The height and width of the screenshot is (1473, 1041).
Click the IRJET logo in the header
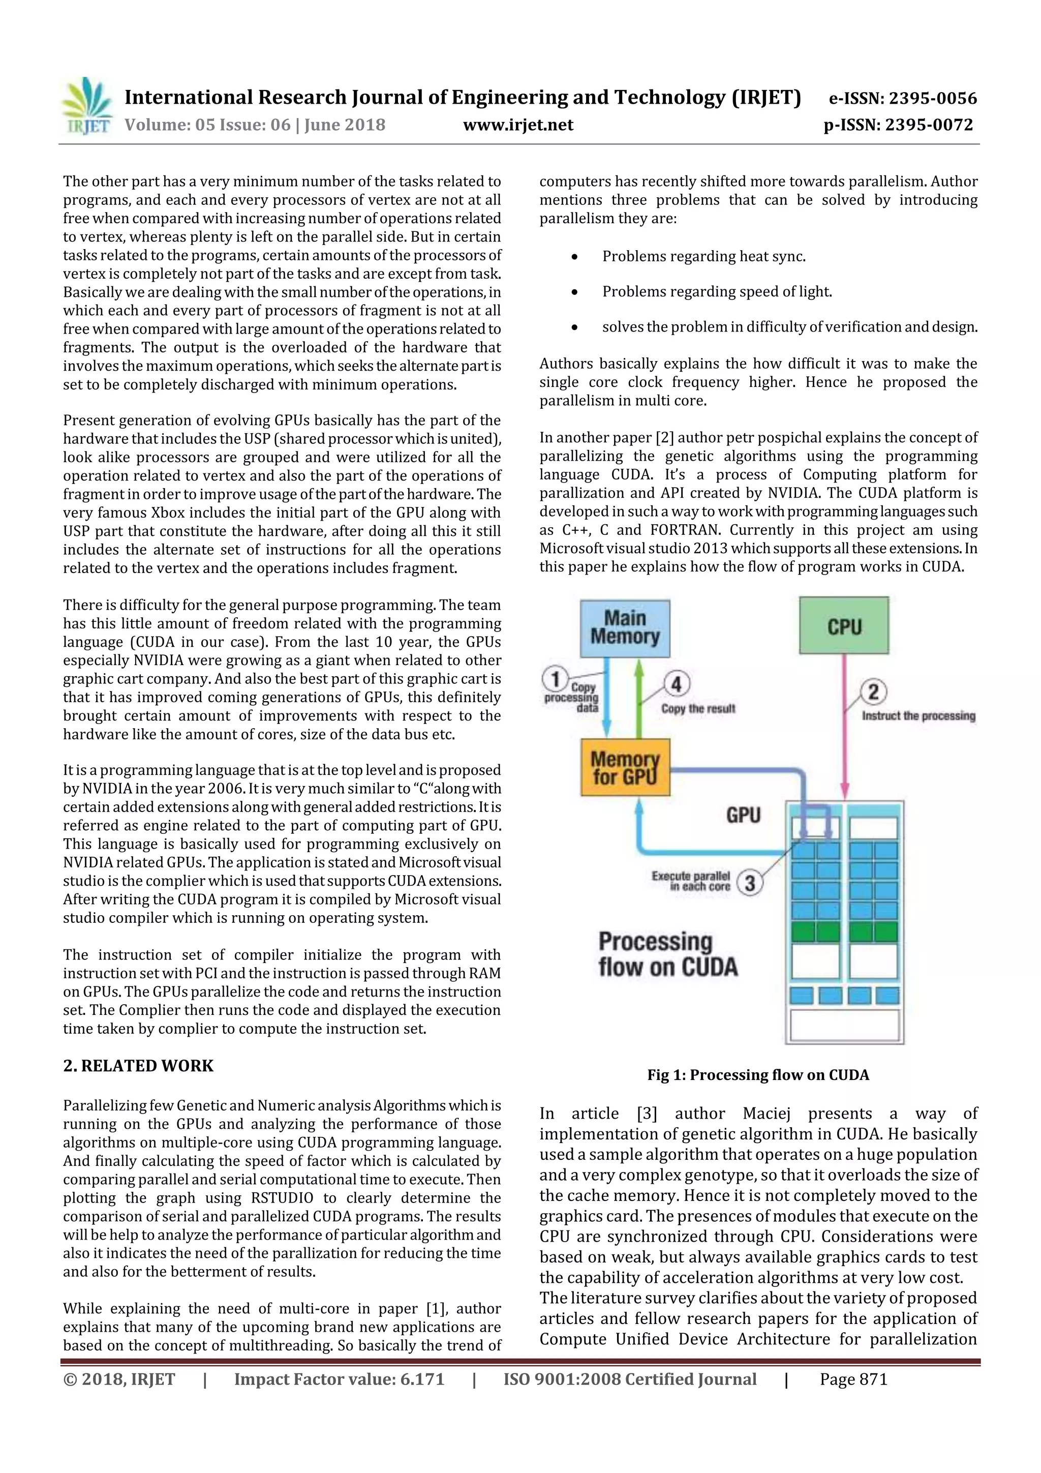coord(86,106)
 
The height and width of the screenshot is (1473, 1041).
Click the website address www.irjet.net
coord(518,125)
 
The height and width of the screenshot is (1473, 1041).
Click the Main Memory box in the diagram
coord(625,628)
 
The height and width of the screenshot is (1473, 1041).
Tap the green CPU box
coord(843,625)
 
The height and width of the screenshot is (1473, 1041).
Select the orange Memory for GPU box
coord(625,767)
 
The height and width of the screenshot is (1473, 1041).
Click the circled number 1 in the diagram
coord(556,679)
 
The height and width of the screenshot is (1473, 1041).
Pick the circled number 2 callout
coord(873,692)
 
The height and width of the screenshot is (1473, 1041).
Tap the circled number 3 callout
coord(750,883)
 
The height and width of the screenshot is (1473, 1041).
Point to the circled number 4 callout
coord(676,684)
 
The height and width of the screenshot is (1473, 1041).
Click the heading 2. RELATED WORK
coord(138,1066)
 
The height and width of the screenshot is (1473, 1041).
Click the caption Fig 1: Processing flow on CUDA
coord(757,1074)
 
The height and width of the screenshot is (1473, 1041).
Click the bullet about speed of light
coord(716,292)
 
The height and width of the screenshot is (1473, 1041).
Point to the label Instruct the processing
coord(918,715)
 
